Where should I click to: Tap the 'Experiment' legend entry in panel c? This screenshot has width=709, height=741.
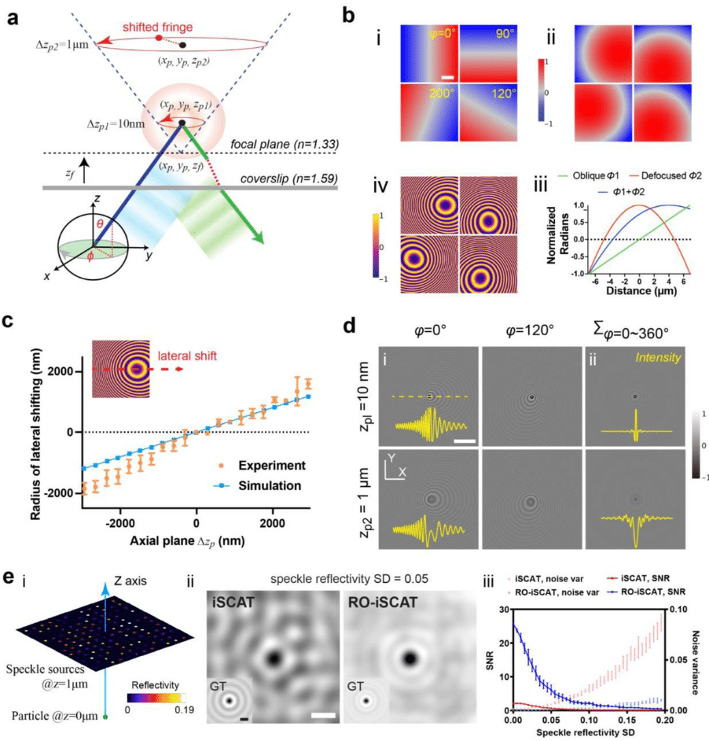coord(273,466)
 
